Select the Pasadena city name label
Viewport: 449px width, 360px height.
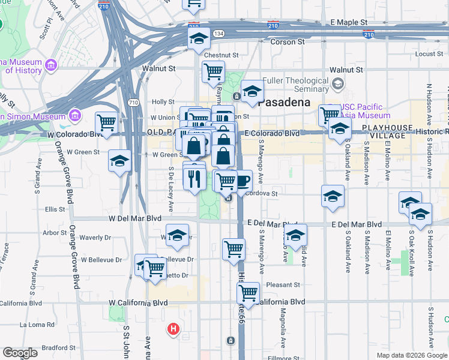click(284, 102)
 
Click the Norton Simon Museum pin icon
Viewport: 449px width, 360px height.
click(74, 115)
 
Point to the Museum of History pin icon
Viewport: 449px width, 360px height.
click(50, 65)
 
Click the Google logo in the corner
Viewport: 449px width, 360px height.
click(20, 353)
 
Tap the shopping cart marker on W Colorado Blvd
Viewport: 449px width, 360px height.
click(106, 123)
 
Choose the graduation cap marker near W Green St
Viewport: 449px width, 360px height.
click(119, 161)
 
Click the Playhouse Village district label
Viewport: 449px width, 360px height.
click(387, 132)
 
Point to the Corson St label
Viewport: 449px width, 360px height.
click(291, 42)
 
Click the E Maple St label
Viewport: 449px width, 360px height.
click(349, 22)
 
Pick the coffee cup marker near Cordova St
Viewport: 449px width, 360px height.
click(242, 181)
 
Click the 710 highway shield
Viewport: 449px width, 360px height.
click(133, 103)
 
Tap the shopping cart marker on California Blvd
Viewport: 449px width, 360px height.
click(248, 293)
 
